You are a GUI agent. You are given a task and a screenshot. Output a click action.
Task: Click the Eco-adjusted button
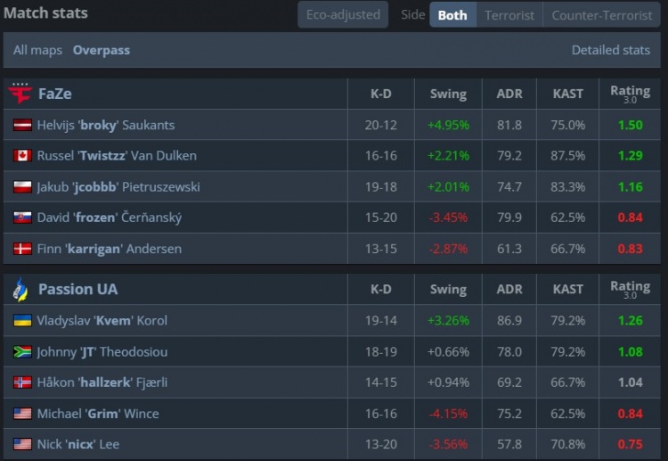click(x=343, y=14)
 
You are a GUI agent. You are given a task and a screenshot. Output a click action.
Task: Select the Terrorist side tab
click(x=509, y=15)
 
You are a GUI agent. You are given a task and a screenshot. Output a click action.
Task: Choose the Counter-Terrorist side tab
click(x=601, y=15)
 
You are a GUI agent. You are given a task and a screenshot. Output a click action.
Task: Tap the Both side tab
click(x=452, y=15)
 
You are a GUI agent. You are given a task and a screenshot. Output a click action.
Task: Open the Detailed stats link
click(x=610, y=50)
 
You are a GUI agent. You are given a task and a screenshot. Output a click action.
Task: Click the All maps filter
click(x=37, y=50)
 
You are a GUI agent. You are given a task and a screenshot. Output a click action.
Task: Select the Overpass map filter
click(x=102, y=50)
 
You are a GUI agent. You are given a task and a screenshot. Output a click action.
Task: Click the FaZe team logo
click(x=20, y=94)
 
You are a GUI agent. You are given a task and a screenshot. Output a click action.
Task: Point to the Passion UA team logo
click(x=20, y=289)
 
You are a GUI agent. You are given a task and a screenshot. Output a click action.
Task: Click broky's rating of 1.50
click(x=630, y=125)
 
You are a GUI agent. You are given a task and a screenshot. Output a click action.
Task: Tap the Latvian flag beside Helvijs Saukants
click(x=22, y=125)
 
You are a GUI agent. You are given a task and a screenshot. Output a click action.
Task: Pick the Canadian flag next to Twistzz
click(x=22, y=156)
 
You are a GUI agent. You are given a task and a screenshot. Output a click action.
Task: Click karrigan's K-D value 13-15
click(x=380, y=249)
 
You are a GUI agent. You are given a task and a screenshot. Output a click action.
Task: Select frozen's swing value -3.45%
click(x=449, y=218)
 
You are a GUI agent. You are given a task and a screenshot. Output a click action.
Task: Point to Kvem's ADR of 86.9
click(x=509, y=320)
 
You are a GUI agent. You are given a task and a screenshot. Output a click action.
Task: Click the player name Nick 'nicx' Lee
click(x=78, y=444)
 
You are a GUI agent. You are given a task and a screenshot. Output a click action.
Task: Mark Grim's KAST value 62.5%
click(x=568, y=413)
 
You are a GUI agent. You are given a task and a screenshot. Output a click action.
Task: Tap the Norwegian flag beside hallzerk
click(x=22, y=383)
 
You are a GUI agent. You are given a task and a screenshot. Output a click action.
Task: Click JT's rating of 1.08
click(x=630, y=351)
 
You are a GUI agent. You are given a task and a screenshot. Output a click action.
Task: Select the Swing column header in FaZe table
click(x=448, y=94)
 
